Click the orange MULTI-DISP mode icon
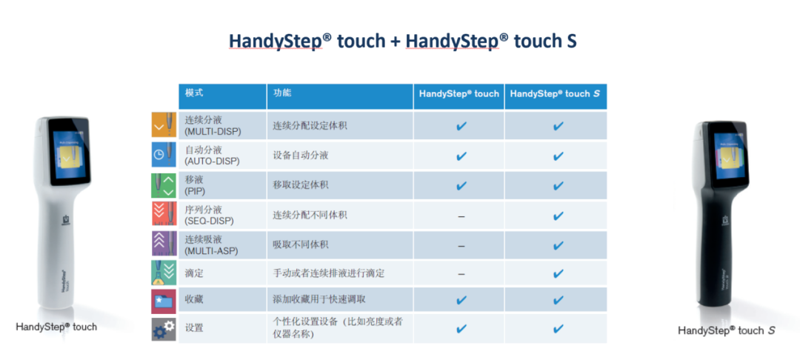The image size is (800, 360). click(164, 125)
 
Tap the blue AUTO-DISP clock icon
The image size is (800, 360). click(164, 155)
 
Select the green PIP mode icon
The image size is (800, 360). click(164, 184)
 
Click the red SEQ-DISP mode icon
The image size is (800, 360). click(164, 214)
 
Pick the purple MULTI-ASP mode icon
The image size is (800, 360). click(164, 244)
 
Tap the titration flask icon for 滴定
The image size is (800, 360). click(164, 273)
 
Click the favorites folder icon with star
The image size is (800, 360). click(164, 301)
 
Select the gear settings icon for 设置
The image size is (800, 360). click(164, 329)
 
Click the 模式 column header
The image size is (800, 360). click(194, 93)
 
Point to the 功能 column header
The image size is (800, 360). click(282, 93)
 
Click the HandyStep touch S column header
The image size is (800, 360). click(555, 94)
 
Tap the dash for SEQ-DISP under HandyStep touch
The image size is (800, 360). click(461, 216)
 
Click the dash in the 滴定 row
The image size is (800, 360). click(461, 274)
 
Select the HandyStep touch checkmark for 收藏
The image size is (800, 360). click(461, 300)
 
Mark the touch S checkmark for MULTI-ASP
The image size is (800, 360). click(559, 245)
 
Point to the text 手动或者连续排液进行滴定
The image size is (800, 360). click(329, 274)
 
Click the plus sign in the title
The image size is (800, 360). click(395, 41)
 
